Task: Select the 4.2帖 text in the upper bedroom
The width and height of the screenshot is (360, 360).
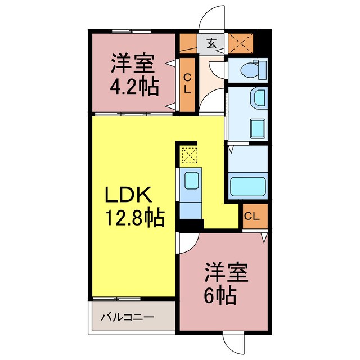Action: tap(133, 87)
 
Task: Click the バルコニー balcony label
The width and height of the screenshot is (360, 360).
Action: tap(127, 317)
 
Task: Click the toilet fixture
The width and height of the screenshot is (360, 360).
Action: tap(247, 70)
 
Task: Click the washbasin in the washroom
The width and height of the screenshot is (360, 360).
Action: tap(259, 98)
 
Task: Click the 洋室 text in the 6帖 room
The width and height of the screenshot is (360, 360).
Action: tap(225, 273)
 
